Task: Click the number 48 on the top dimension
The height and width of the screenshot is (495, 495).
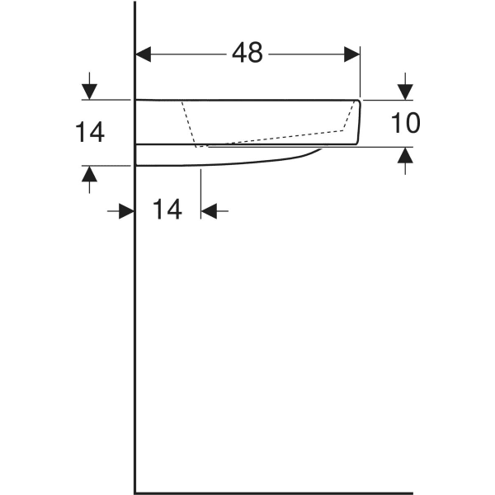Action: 247,54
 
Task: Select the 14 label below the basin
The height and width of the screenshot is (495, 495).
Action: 167,210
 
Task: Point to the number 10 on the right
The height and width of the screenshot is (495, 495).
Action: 405,124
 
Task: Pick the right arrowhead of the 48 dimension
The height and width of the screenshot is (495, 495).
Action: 352,54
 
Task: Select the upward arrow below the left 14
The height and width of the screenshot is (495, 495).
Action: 89,174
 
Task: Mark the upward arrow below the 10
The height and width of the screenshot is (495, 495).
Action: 404,156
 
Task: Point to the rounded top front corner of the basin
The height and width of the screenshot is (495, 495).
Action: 358,102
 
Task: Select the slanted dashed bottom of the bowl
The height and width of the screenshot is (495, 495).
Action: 272,138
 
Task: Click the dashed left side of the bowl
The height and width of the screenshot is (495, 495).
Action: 189,124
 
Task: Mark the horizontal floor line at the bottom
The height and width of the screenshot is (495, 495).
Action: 272,493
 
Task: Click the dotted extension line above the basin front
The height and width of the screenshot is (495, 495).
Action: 361,78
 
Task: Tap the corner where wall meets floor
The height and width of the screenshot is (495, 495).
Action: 135,493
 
